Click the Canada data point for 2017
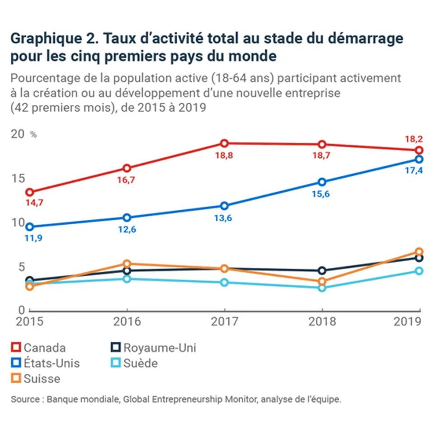click(224, 143)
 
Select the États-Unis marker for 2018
click(322, 182)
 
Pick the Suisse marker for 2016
click(127, 264)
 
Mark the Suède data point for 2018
click(322, 288)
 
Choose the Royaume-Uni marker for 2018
click(322, 270)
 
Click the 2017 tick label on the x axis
click(224, 321)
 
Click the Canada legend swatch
click(16, 348)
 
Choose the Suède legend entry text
click(141, 363)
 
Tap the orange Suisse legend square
click(16, 378)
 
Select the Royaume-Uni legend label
click(160, 348)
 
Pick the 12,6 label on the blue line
click(127, 229)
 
